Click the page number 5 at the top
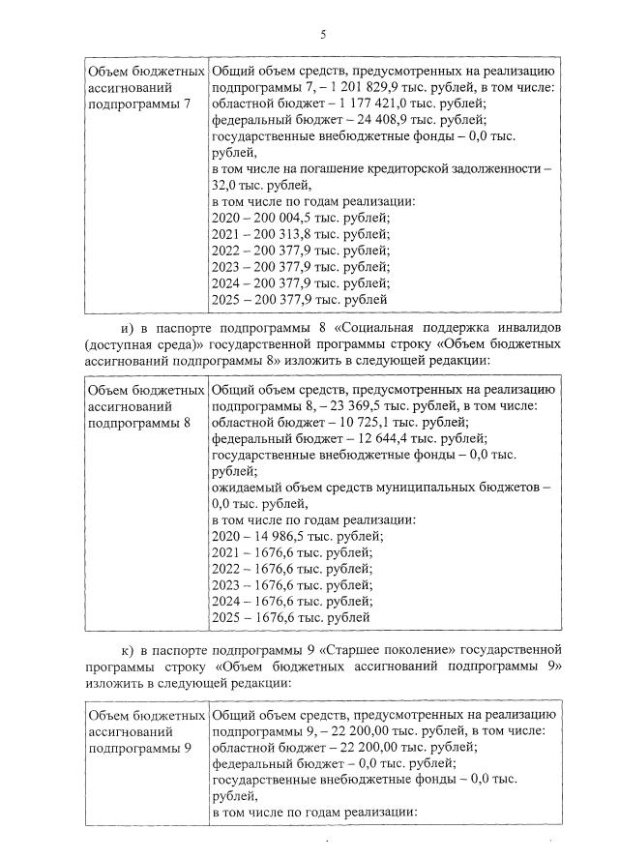pyautogui.click(x=324, y=36)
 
